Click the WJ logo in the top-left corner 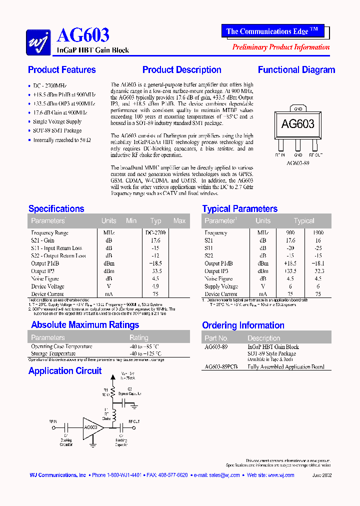(x=38, y=41)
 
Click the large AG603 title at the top (x=83, y=35)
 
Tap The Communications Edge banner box (x=272, y=31)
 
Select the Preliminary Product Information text (x=281, y=47)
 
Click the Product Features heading (x=62, y=70)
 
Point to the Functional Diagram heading (x=296, y=70)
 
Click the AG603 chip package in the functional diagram (x=298, y=124)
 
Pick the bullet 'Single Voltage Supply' (x=57, y=121)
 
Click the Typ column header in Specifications (x=156, y=220)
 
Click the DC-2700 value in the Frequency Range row (x=155, y=232)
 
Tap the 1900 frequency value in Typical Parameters (x=318, y=232)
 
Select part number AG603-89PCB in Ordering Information (x=221, y=366)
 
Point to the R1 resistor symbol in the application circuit (x=113, y=391)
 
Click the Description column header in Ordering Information (x=263, y=338)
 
